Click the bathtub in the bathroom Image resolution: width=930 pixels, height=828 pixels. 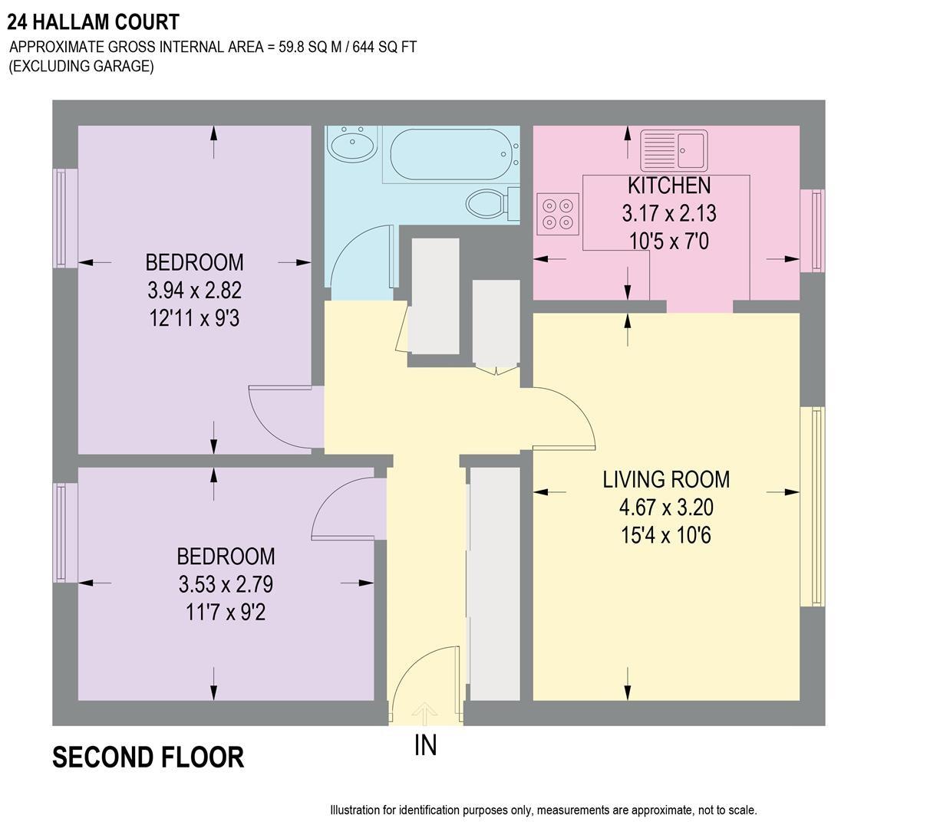click(x=450, y=155)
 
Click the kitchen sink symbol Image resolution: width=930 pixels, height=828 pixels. click(x=674, y=150)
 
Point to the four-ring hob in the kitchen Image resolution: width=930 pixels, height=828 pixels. click(x=558, y=214)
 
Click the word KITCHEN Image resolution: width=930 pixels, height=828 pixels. click(x=669, y=186)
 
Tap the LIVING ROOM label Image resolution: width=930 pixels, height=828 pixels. click(x=666, y=480)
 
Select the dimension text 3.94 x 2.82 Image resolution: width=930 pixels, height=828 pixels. click(x=195, y=291)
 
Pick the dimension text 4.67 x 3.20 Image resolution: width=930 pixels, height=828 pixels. click(x=666, y=508)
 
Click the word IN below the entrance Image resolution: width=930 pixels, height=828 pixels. click(x=425, y=745)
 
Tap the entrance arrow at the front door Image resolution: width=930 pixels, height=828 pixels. click(x=424, y=712)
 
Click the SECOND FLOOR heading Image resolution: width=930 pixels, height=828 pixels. click(x=148, y=757)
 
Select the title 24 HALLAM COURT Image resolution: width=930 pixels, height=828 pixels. click(x=93, y=22)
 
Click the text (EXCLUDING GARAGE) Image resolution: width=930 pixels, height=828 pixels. click(x=81, y=66)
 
